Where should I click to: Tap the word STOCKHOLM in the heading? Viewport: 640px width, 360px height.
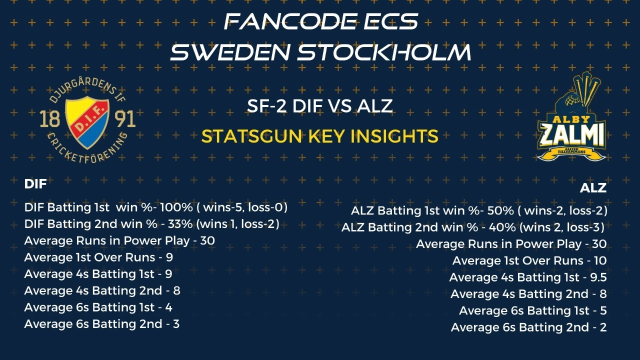coord(384,52)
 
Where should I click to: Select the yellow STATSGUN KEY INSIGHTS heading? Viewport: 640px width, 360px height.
coord(319,136)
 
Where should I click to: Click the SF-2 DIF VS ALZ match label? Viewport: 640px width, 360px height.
coord(319,105)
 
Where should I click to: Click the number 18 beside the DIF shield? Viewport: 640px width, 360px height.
coord(49,119)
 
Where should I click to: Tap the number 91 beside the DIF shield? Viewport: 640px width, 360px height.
coord(125,119)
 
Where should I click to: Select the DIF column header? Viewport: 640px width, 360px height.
coord(35,184)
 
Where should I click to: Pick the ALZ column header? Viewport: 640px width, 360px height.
coord(593,188)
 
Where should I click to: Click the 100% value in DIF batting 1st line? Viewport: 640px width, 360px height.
coord(176,207)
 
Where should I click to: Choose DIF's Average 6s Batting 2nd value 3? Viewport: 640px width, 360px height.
coord(176,324)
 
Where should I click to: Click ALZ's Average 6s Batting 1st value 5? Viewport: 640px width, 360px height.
coord(603,310)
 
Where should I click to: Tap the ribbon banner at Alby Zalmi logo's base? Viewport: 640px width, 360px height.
coord(571,155)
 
